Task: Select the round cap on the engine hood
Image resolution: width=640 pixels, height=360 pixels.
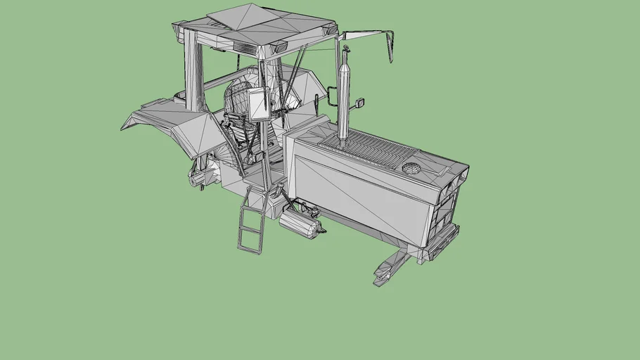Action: coord(410,168)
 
